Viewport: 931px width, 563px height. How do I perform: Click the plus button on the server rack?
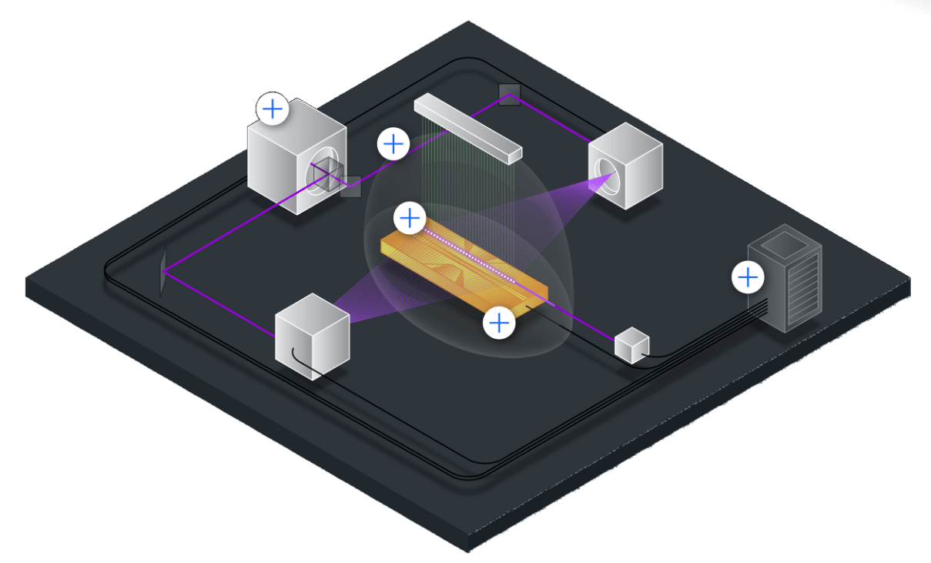(748, 276)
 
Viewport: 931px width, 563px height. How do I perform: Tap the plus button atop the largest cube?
(273, 109)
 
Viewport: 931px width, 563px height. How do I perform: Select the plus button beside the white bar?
(393, 144)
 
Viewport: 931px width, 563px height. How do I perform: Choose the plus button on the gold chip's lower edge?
(500, 323)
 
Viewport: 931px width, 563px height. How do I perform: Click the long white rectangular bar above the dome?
(467, 129)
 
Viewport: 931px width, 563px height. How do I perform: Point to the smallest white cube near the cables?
(631, 346)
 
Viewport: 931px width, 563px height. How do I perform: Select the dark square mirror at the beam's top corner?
(509, 95)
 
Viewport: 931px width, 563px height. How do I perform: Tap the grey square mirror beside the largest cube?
(351, 186)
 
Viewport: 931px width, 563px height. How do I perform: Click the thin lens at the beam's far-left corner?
(162, 271)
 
